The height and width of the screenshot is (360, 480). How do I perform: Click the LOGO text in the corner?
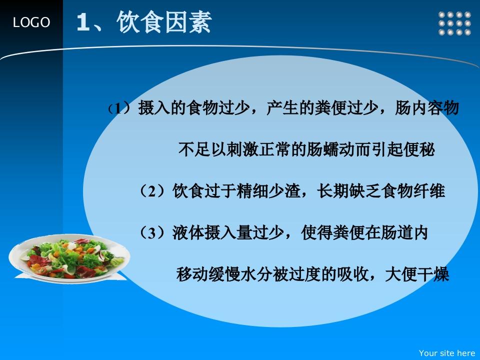click(x=31, y=22)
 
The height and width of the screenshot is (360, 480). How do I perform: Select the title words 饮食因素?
click(x=164, y=22)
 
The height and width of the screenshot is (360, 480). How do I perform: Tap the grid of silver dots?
click(x=454, y=23)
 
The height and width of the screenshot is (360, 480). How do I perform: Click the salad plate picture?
click(x=69, y=258)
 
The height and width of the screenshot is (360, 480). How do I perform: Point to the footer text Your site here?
click(x=446, y=353)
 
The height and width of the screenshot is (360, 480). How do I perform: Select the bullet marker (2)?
click(x=153, y=191)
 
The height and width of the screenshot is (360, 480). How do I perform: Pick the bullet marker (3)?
click(x=153, y=233)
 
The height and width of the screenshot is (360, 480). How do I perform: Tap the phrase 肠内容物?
click(x=427, y=108)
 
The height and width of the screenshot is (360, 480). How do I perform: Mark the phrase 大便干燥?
click(x=417, y=274)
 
